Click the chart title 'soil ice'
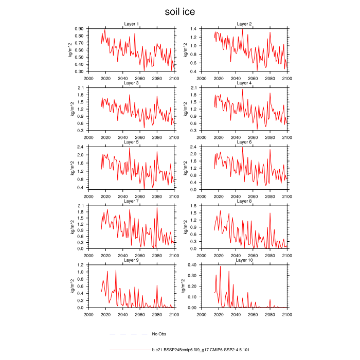tap(179, 11)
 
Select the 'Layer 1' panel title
tap(131, 24)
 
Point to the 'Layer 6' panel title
tap(244, 142)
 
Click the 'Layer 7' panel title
tap(131, 201)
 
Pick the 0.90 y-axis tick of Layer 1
tap(79, 29)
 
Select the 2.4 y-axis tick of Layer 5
tap(81, 147)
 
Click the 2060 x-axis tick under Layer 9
tap(139, 313)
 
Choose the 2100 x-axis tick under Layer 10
tap(286, 313)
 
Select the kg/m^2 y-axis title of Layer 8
tap(184, 227)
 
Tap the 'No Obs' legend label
tap(159, 334)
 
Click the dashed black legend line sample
tap(129, 334)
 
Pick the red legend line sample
tap(129, 350)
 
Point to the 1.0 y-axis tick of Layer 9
tap(81, 272)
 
